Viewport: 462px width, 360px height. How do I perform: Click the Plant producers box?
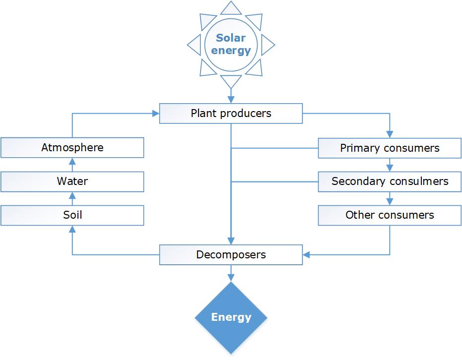pyautogui.click(x=231, y=114)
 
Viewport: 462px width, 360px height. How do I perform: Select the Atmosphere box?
pyautogui.click(x=72, y=148)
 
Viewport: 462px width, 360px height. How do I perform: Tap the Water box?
pyautogui.click(x=72, y=181)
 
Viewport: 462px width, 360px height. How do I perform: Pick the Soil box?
pyautogui.click(x=72, y=215)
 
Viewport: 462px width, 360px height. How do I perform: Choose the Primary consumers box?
pyautogui.click(x=390, y=148)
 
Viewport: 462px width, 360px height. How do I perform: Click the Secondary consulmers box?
pyautogui.click(x=390, y=181)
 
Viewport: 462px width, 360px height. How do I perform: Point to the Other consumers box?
pyautogui.click(x=390, y=215)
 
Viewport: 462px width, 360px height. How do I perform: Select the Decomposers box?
pyautogui.click(x=231, y=255)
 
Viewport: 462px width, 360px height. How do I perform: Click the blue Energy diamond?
pyautogui.click(x=231, y=317)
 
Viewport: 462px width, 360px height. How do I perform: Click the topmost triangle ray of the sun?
pyautogui.click(x=231, y=8)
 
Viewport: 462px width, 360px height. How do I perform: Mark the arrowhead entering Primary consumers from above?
pyautogui.click(x=390, y=134)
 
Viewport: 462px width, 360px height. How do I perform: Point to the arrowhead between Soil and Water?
pyautogui.click(x=72, y=195)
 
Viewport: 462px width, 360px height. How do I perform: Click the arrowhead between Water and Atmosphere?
pyautogui.click(x=72, y=162)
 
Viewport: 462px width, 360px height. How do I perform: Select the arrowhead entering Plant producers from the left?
pyautogui.click(x=155, y=114)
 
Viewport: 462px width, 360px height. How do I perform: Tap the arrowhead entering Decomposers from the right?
pyautogui.click(x=307, y=255)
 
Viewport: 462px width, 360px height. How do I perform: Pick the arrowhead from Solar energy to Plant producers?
pyautogui.click(x=231, y=99)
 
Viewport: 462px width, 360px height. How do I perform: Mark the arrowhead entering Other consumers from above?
pyautogui.click(x=390, y=202)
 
